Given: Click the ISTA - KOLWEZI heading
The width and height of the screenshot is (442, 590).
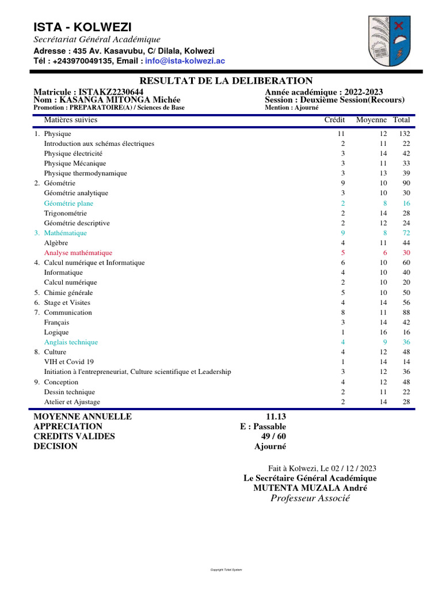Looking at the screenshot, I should (x=82, y=27).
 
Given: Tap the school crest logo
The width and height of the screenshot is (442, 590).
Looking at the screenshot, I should (x=389, y=41).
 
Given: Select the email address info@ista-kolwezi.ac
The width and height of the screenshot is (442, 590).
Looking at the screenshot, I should (x=185, y=60).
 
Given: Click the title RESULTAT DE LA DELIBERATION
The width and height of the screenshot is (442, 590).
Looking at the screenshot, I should (x=227, y=81).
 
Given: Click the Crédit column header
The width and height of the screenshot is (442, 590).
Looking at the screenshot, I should (x=334, y=120).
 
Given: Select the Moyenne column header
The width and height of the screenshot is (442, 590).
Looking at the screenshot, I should (x=371, y=120).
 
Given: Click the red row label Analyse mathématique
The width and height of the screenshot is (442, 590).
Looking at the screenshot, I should (x=78, y=252).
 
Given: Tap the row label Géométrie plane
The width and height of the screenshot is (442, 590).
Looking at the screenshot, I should (x=68, y=203).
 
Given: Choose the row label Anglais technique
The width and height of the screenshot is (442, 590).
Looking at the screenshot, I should (x=71, y=342).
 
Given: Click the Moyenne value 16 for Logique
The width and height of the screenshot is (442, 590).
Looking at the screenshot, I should (x=383, y=332).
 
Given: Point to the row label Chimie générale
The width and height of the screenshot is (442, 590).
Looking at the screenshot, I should (x=68, y=292).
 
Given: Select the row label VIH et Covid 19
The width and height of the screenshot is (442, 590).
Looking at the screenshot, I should (x=68, y=362).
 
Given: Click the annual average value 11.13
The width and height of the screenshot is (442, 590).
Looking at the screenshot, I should (x=276, y=417).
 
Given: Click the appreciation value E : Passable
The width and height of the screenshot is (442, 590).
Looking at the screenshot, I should (x=263, y=426).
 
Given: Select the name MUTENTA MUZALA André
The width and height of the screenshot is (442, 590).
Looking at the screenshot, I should (x=310, y=488).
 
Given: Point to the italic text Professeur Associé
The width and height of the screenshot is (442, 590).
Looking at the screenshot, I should (x=310, y=498).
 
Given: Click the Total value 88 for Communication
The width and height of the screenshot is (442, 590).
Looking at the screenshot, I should (x=406, y=312).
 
